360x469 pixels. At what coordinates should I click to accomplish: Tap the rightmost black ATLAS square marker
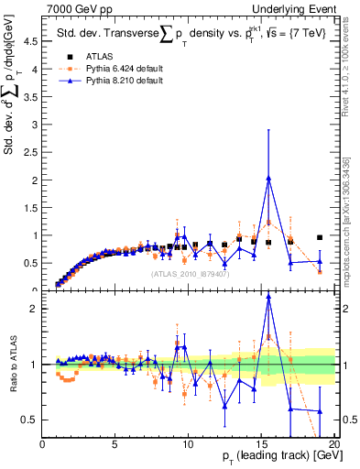click(320, 237)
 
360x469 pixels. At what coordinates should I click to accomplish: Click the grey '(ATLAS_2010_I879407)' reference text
click(190, 272)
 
